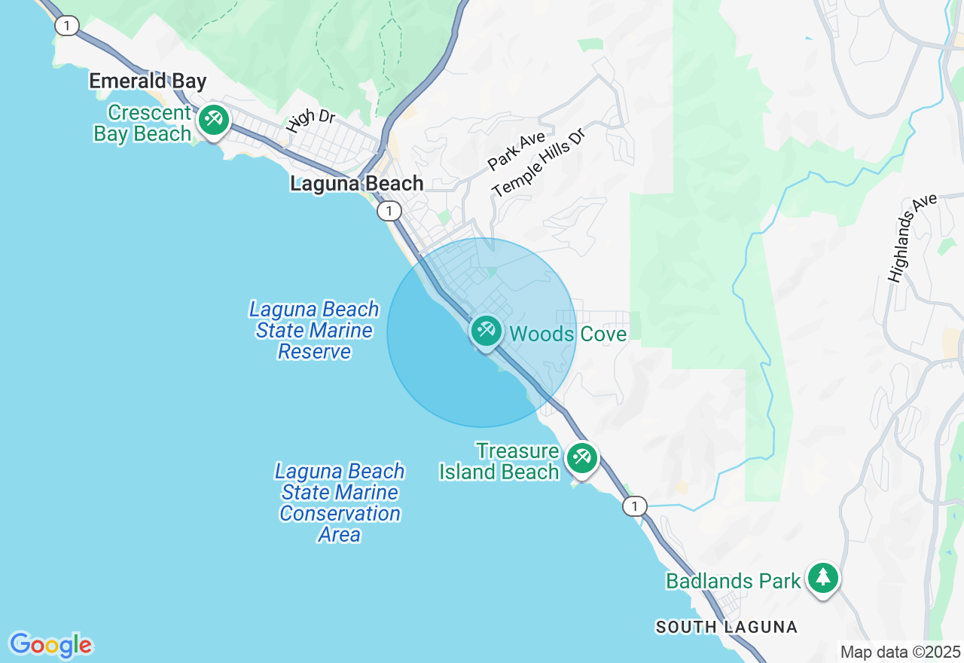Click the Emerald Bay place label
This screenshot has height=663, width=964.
[x=148, y=81]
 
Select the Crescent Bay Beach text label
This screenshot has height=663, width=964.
[x=143, y=124]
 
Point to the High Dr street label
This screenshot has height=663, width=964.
[x=310, y=121]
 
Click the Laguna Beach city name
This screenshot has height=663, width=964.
[x=357, y=184]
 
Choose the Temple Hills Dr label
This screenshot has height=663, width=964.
[x=538, y=161]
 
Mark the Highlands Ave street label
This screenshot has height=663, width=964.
[x=912, y=237]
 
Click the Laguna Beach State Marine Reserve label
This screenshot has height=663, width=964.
[x=315, y=330]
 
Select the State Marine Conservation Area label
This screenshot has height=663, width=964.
[x=340, y=503]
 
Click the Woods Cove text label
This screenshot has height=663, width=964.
[x=568, y=334]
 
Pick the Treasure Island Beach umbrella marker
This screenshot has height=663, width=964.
[x=581, y=457]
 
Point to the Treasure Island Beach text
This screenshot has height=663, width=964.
[x=500, y=462]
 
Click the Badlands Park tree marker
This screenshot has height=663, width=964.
[x=823, y=578]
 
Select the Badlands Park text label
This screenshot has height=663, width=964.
[x=733, y=581]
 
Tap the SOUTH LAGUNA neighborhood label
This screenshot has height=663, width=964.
[x=726, y=627]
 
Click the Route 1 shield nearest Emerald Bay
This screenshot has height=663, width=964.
[x=66, y=26]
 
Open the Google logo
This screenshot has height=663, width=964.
[x=50, y=645]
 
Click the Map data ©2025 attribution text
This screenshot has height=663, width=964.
[x=900, y=652]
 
